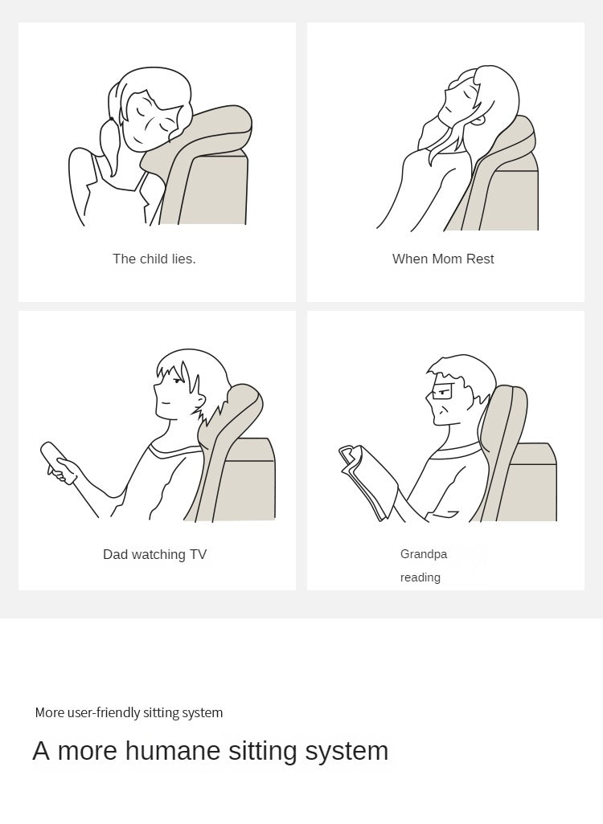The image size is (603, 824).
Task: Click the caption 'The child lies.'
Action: pyautogui.click(x=154, y=259)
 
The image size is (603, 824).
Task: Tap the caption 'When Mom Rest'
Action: pyautogui.click(x=443, y=259)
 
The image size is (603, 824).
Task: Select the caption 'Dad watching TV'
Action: pyautogui.click(x=154, y=554)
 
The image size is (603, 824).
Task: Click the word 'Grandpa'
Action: pyautogui.click(x=424, y=554)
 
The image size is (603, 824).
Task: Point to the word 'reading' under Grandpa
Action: pyautogui.click(x=420, y=577)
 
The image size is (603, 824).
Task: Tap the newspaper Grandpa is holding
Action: pyautogui.click(x=368, y=481)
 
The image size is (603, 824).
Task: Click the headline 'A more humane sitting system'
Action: pyautogui.click(x=211, y=750)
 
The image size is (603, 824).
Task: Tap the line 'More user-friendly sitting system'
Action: pyautogui.click(x=129, y=712)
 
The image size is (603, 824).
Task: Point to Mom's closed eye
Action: pyautogui.click(x=466, y=95)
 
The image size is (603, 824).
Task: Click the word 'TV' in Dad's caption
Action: pyautogui.click(x=199, y=554)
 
